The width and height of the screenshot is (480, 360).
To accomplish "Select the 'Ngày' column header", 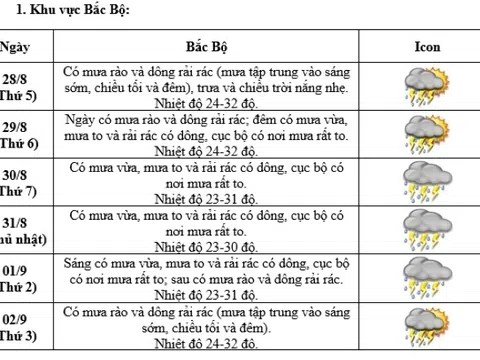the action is click(14, 47).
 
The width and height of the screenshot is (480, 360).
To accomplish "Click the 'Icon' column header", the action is click(427, 47).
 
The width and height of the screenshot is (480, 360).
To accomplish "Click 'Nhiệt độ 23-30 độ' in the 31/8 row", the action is click(208, 247).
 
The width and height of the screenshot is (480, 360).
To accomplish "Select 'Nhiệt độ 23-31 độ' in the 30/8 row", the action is click(208, 199).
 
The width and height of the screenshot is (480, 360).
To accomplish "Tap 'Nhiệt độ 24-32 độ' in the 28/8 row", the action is click(208, 103).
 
